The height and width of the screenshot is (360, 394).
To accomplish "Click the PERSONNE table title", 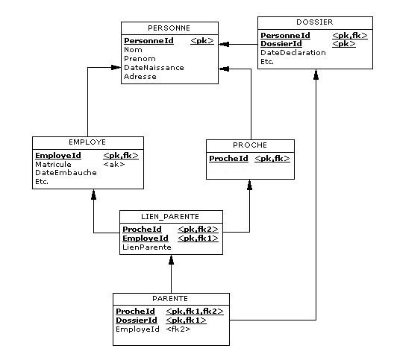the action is click(169, 28).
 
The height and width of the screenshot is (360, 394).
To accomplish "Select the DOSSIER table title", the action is click(315, 22).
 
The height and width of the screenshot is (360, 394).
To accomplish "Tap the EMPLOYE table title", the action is click(87, 142).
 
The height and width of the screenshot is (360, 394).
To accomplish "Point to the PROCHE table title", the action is click(250, 145).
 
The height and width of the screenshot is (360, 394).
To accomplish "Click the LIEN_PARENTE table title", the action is click(170, 217).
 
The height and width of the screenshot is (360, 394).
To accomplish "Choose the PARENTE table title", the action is click(170, 298).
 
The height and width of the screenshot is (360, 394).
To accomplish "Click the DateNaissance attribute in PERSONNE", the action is click(154, 68).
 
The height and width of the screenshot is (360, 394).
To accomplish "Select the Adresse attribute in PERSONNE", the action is click(140, 76).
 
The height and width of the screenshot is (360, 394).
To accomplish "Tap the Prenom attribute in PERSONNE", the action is click(140, 59).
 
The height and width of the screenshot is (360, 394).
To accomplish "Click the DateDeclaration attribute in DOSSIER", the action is click(293, 53).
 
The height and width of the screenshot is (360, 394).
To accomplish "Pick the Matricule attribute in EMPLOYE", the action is click(53, 165).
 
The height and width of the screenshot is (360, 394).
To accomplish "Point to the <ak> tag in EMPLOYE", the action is click(114, 165).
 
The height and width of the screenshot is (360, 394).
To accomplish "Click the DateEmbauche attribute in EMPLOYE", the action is click(66, 173).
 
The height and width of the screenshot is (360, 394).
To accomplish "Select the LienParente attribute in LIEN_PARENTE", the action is click(147, 247).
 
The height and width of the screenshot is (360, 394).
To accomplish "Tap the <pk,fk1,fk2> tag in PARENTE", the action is click(195, 312).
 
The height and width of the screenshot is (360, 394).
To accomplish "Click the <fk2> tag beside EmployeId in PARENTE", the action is click(178, 329).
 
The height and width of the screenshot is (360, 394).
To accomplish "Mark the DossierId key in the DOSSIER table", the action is click(281, 44).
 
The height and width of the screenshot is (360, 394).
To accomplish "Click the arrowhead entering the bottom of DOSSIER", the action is click(316, 75).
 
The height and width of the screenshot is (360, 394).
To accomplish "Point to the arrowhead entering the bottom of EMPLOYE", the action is click(93, 195).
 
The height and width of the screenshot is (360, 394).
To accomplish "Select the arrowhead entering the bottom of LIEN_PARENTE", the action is click(171, 260).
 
